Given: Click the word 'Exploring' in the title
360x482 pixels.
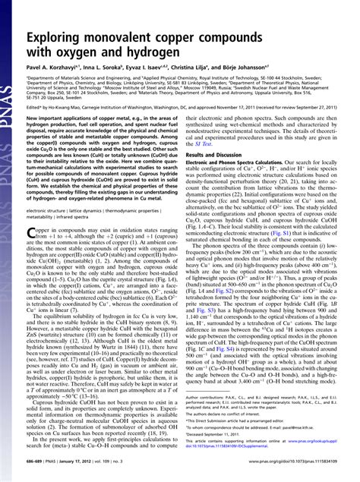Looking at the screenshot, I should pos(62,39).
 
